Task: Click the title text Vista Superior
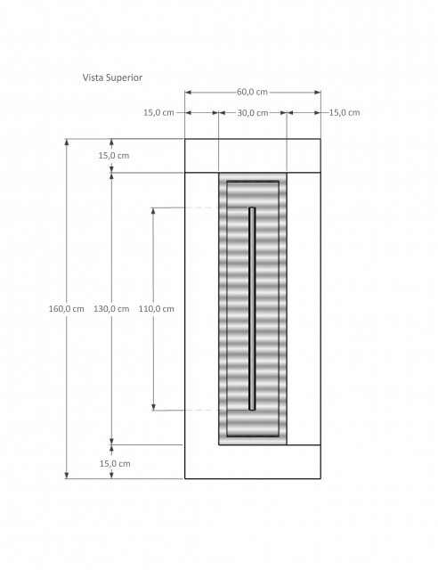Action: point(112,77)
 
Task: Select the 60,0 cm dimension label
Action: point(252,92)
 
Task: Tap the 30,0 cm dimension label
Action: point(253,113)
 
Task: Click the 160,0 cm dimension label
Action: point(66,309)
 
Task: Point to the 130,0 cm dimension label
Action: point(111,309)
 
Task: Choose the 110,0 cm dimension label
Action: point(157,309)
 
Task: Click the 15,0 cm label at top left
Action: point(158,113)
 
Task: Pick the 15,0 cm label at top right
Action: point(345,113)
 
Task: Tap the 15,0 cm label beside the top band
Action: point(114,156)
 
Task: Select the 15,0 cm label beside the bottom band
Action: point(115,464)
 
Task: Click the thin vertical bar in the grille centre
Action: point(252,309)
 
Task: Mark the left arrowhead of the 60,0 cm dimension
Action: point(188,93)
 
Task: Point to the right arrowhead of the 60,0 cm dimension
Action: point(317,93)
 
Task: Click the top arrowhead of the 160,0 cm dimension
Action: point(67,142)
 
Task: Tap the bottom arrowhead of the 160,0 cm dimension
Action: point(67,475)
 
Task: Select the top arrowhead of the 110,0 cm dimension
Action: point(153,211)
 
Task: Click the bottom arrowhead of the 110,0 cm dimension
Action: point(153,407)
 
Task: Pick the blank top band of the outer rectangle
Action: point(253,156)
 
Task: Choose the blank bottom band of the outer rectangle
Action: point(253,461)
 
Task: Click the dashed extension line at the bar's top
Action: point(201,208)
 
